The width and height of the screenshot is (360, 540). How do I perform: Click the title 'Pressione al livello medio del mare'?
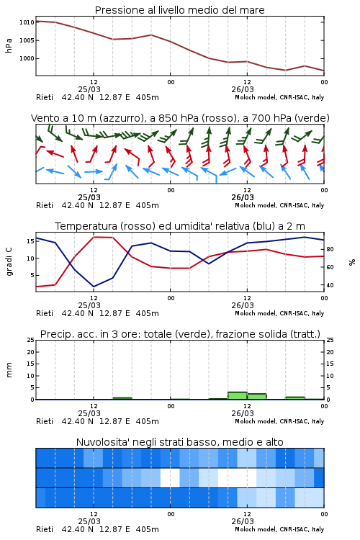click(179, 10)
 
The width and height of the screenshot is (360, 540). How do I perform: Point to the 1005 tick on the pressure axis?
click(27, 40)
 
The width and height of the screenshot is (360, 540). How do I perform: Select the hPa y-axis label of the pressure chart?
click(9, 45)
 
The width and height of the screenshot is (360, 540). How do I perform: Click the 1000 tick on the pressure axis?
click(27, 58)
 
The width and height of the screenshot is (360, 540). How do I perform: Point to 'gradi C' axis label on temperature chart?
click(9, 262)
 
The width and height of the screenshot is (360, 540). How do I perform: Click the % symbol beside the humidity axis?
click(352, 262)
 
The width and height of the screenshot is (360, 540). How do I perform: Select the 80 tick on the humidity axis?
click(330, 249)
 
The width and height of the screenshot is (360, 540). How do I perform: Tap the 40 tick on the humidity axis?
click(330, 285)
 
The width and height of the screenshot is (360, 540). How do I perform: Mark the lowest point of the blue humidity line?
click(94, 287)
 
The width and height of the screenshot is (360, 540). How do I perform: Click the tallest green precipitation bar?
click(238, 396)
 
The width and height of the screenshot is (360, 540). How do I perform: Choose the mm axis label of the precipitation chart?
click(9, 370)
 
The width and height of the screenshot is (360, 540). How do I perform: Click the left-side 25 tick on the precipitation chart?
click(31, 340)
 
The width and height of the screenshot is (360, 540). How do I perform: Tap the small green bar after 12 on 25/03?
click(122, 398)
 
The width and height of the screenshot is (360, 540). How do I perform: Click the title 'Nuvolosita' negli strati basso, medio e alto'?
click(179, 442)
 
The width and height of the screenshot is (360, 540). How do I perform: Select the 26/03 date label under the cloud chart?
click(243, 521)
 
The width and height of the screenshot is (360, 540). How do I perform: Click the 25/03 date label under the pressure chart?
click(89, 89)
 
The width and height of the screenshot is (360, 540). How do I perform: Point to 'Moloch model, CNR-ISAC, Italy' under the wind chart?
click(279, 205)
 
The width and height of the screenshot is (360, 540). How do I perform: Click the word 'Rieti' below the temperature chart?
click(45, 313)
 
